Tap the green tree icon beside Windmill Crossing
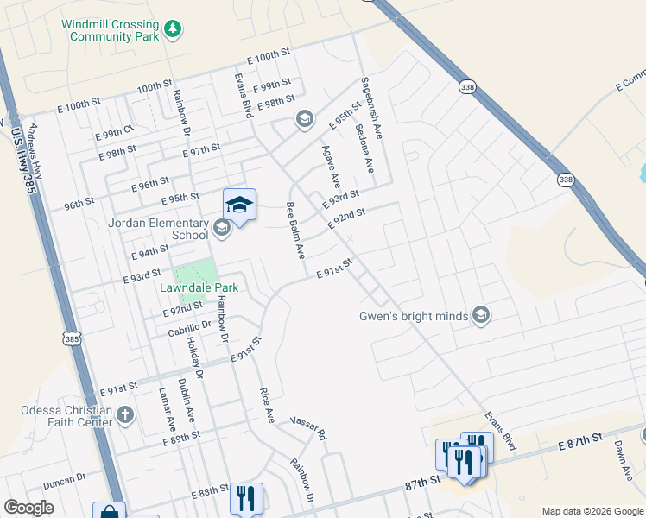[174, 29]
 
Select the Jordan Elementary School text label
[159, 228]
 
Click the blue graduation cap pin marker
[239, 205]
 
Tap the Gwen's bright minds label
[414, 316]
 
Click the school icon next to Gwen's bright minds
[482, 316]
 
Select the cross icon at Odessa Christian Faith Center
[125, 415]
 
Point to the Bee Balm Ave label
[295, 231]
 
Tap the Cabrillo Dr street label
[190, 325]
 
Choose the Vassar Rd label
[309, 426]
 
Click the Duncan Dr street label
[65, 477]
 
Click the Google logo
[28, 508]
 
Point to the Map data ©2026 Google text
[591, 511]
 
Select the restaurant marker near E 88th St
[246, 498]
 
